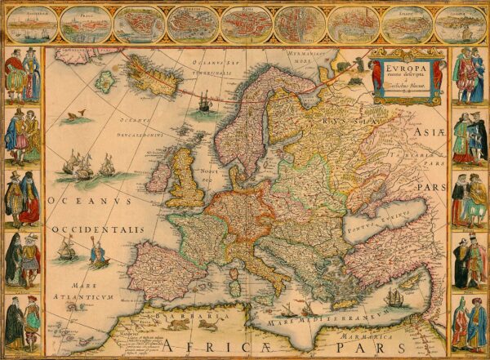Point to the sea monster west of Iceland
78,118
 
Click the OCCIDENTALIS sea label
98,230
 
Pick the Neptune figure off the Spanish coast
99,256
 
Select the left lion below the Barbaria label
176,324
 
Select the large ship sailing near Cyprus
395,296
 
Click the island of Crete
340,304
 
